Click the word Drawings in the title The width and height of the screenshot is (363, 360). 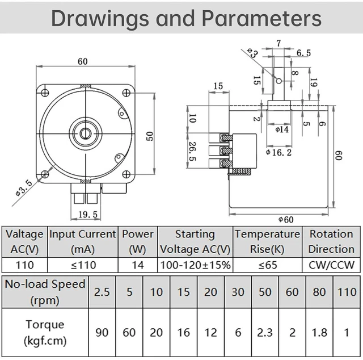click(x=100, y=19)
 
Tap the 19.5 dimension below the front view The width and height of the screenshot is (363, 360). click(x=88, y=215)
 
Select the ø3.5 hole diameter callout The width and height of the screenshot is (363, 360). click(x=24, y=188)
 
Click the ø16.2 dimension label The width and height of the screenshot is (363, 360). click(x=278, y=152)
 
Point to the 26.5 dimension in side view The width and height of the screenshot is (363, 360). click(x=193, y=152)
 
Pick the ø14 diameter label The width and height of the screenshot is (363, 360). click(x=282, y=129)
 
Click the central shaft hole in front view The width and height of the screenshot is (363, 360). click(x=86, y=133)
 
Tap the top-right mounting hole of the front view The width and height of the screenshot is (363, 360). click(x=126, y=93)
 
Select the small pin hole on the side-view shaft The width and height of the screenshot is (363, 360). click(x=279, y=81)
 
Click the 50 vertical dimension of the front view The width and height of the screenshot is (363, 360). click(x=150, y=136)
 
